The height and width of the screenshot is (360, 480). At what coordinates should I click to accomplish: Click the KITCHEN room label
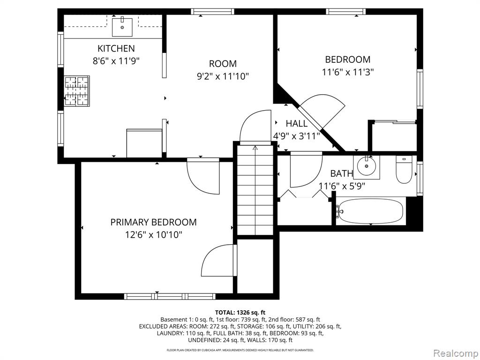116,48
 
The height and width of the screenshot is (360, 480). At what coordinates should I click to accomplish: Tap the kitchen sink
122,27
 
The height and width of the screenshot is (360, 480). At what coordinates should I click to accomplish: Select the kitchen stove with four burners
77,91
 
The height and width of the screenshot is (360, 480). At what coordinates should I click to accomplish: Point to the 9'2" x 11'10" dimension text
223,76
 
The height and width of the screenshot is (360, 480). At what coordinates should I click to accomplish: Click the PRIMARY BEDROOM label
153,222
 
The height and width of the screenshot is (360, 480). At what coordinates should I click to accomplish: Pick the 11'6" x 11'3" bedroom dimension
348,72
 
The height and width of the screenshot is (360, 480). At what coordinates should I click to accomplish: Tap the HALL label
297,124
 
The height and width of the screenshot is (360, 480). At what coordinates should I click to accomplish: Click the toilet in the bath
404,169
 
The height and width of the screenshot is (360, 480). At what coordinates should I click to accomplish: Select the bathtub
370,211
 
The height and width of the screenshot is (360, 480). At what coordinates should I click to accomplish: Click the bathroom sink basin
367,167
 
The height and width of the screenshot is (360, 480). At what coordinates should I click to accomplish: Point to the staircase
255,190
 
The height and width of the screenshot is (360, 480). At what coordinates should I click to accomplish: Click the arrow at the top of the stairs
255,149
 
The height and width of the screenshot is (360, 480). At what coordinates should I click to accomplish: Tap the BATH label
341,173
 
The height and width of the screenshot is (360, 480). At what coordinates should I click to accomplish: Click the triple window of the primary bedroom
170,296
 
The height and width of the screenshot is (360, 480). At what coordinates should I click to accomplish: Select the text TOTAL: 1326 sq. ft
240,313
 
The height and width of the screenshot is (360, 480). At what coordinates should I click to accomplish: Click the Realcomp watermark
455,353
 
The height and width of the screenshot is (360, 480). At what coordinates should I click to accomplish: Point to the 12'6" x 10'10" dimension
153,235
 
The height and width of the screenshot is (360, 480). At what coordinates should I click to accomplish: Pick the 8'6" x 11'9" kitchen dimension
116,61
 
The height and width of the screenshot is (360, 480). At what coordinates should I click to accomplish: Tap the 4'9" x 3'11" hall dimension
296,136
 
